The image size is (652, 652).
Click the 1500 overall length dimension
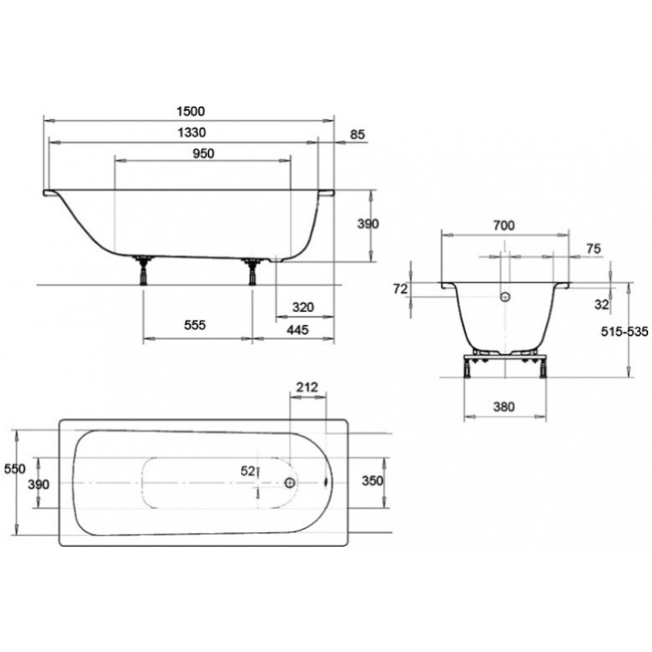[191, 112]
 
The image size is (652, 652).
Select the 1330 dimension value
[192, 133]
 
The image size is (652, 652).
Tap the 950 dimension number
[204, 154]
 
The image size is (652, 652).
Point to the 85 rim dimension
[358, 134]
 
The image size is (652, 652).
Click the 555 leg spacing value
[195, 325]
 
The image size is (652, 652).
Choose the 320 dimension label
[303, 308]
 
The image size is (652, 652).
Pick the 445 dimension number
[298, 330]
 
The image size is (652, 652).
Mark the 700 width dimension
[504, 226]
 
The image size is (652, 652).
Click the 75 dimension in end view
[594, 249]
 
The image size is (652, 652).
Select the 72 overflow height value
[400, 289]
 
